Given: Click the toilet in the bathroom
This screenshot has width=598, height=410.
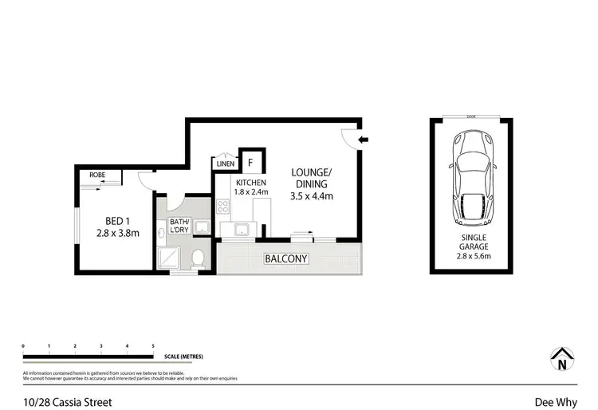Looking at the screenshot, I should tap(199, 257).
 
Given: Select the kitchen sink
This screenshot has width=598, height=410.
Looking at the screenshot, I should tap(239, 231).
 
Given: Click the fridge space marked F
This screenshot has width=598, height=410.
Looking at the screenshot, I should tap(251, 163).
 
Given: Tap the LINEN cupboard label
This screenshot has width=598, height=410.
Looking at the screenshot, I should tap(225, 164).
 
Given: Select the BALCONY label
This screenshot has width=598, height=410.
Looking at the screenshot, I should tap(287, 259).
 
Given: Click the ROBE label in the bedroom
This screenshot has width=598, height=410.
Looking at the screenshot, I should tap(97, 175).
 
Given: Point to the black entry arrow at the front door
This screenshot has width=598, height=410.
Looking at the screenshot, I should tap(363, 140).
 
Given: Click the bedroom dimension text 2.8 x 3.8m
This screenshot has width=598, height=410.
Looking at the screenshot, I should tap(116, 234).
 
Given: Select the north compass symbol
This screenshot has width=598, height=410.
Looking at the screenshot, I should tap(563, 360).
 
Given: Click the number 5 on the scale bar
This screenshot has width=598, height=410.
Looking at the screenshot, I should tap(152, 346).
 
